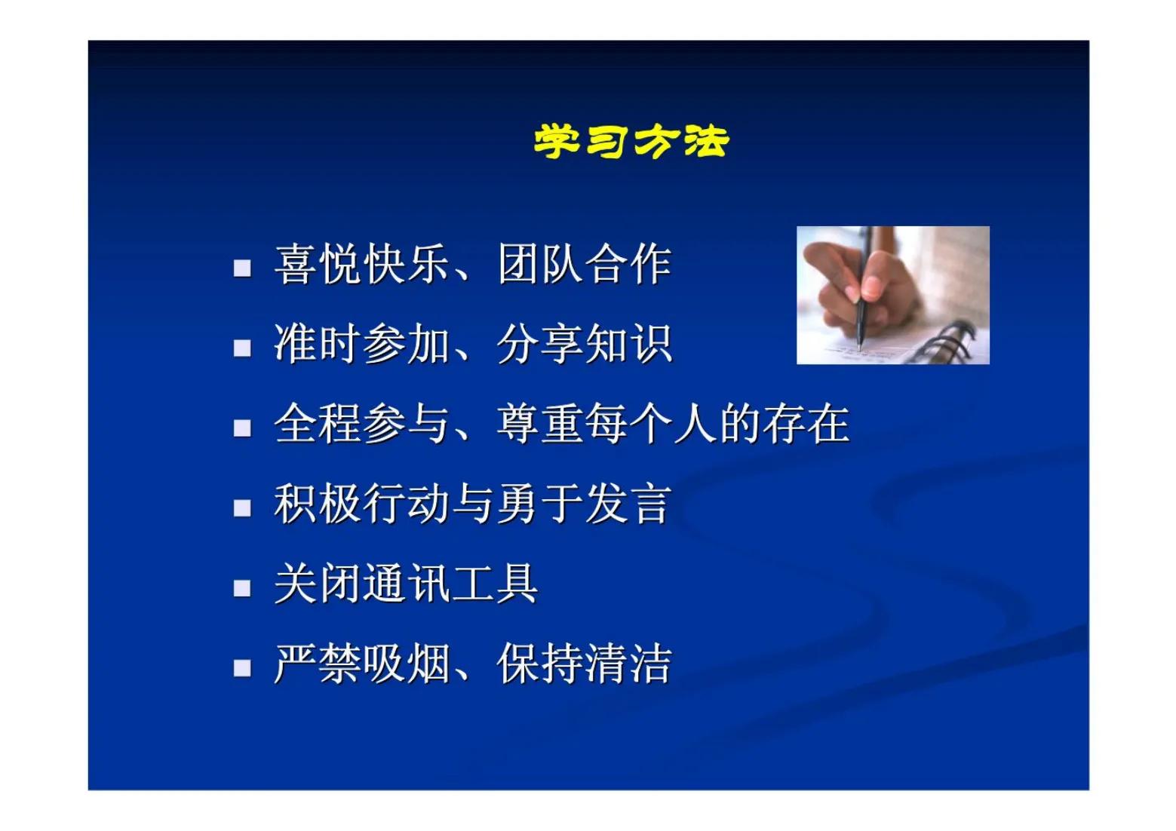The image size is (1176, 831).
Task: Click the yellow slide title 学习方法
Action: point(631,142)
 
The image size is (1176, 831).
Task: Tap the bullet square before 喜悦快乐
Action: point(242,268)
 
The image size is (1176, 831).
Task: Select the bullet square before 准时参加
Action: point(242,348)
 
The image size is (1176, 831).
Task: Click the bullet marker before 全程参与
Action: point(242,428)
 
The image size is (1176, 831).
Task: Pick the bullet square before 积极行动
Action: point(242,507)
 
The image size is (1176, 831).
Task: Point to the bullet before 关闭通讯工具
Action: point(242,587)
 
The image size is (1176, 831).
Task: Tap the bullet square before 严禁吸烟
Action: point(242,667)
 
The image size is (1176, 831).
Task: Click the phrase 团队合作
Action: point(584,265)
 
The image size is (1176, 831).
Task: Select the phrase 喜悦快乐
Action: point(361,265)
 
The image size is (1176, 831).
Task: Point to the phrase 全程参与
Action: point(361,424)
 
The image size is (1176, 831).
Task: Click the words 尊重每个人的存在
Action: point(673,424)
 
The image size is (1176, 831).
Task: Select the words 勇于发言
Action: point(584,504)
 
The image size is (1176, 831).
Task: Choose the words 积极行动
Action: point(361,504)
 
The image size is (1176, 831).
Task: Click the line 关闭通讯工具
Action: point(406,584)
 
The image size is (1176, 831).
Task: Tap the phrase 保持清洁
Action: point(584,664)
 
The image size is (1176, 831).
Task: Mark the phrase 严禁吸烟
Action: point(361,664)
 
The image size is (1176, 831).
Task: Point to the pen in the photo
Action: point(861,302)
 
